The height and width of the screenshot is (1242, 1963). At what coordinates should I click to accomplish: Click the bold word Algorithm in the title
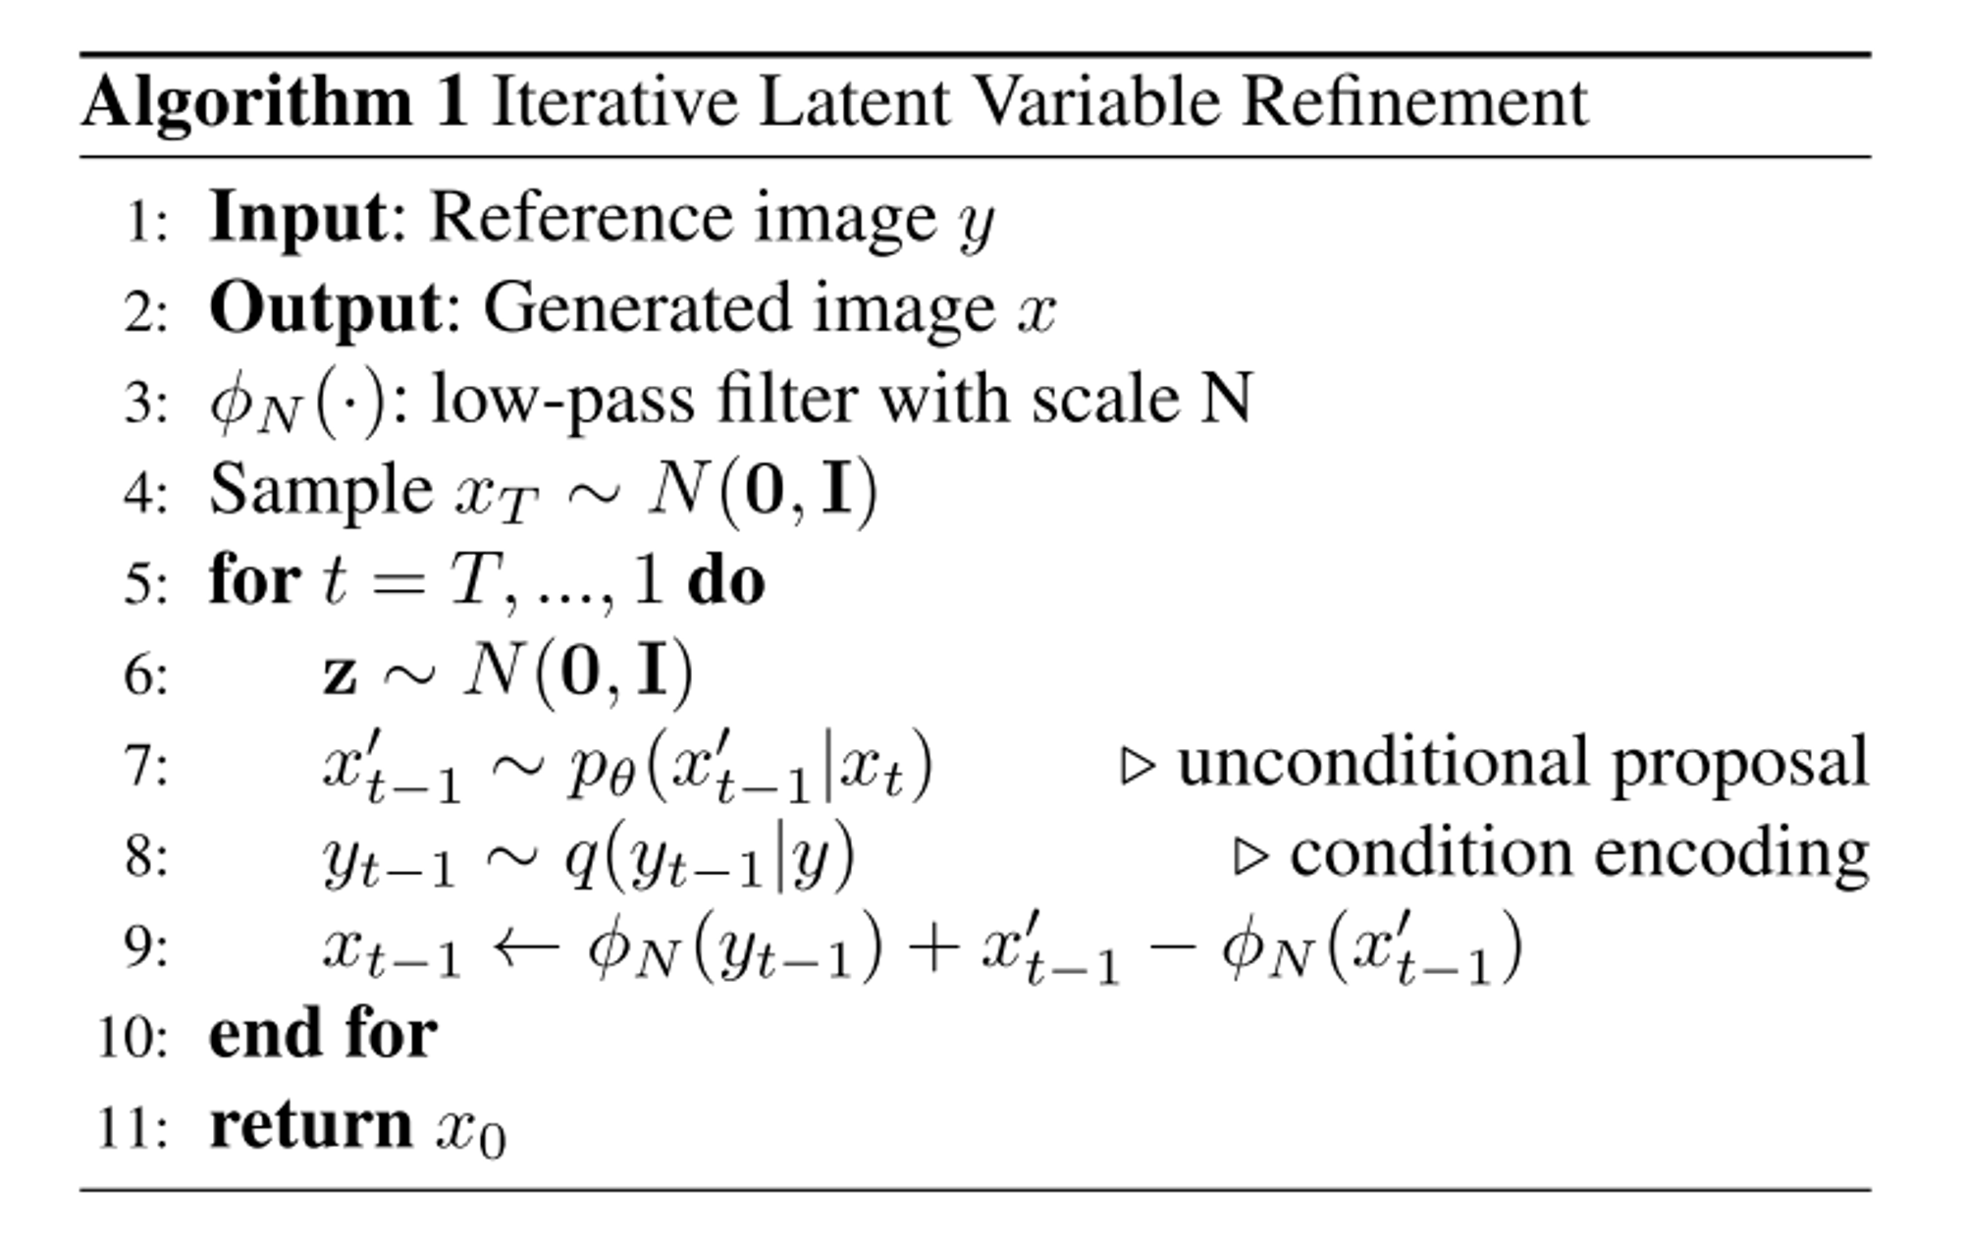pyautogui.click(x=246, y=103)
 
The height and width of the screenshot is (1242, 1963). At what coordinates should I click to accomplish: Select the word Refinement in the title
pyautogui.click(x=1414, y=101)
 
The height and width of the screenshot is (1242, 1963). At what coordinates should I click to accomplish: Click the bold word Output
pyautogui.click(x=325, y=309)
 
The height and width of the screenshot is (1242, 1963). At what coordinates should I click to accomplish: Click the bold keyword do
pyautogui.click(x=725, y=582)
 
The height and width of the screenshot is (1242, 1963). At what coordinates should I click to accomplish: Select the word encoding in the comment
pyautogui.click(x=1731, y=853)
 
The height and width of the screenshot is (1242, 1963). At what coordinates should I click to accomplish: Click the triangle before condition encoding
pyautogui.click(x=1249, y=856)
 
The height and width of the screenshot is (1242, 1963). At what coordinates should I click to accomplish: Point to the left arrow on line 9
pyautogui.click(x=525, y=947)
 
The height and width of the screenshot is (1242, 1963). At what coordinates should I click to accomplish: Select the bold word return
pyautogui.click(x=310, y=1125)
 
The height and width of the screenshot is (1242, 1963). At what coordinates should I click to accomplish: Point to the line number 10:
pyautogui.click(x=133, y=1037)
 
